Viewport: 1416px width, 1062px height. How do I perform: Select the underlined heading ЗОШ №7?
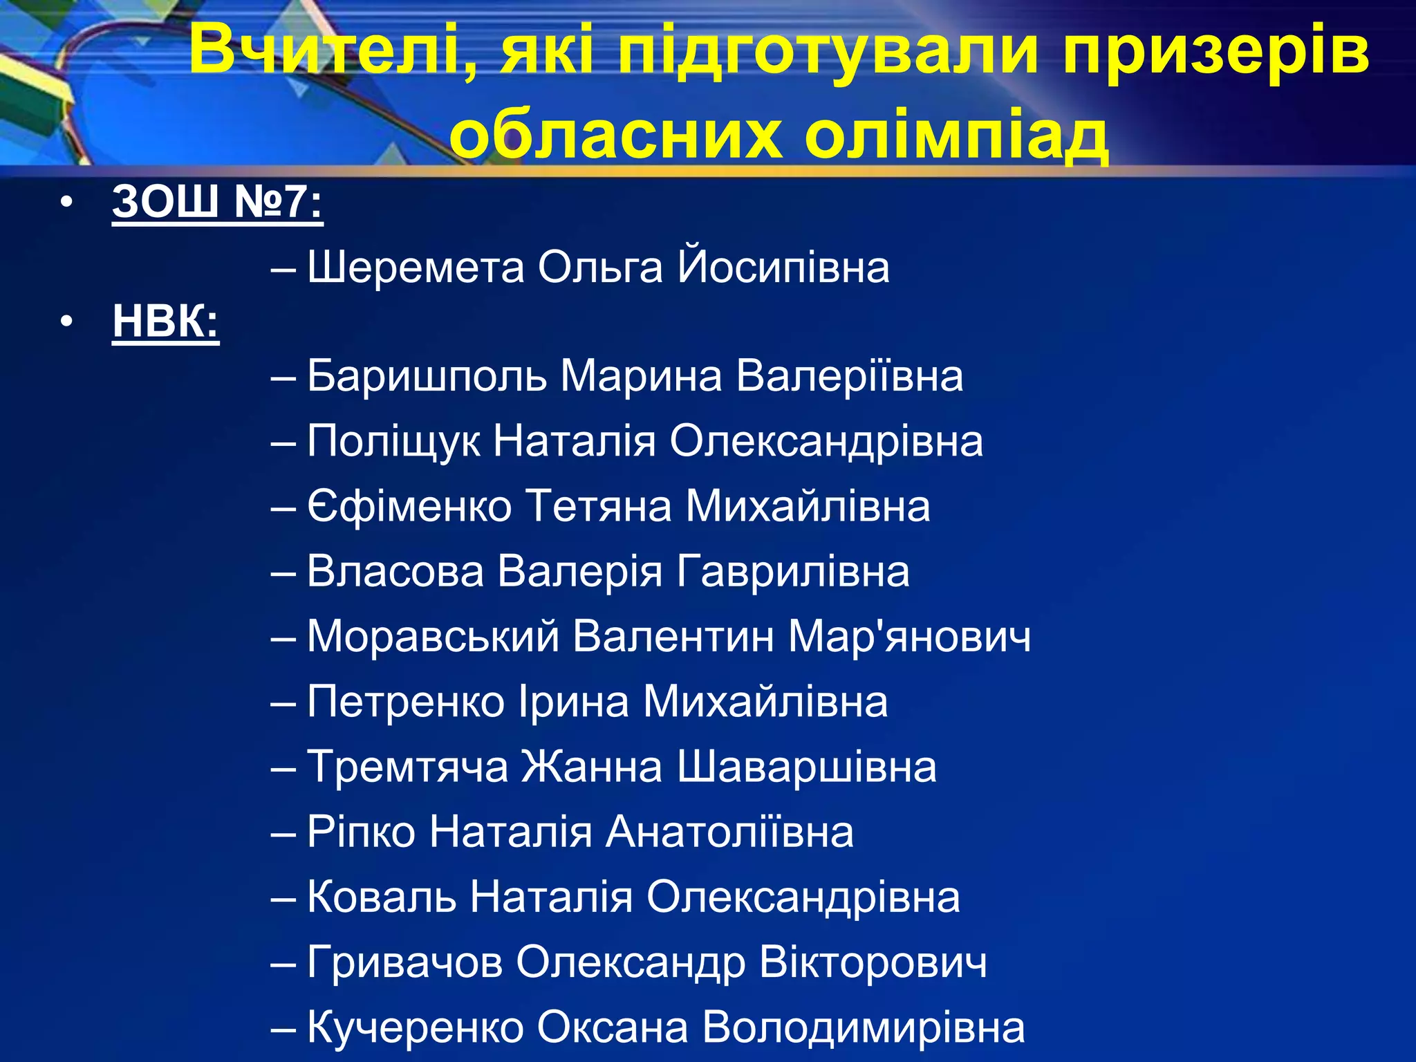click(217, 202)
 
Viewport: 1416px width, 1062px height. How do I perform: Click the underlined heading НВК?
click(165, 322)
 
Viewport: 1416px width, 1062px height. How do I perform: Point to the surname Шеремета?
click(416, 268)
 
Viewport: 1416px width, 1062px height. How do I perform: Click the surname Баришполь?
click(427, 377)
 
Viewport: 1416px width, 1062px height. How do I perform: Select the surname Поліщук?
click(393, 441)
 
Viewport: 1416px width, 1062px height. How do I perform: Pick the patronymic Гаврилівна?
click(793, 572)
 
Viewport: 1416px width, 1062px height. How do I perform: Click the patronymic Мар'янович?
click(909, 637)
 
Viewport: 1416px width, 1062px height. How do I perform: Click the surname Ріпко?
click(361, 832)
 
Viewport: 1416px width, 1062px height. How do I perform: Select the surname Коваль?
click(382, 897)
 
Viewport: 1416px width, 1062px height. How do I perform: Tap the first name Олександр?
click(630, 962)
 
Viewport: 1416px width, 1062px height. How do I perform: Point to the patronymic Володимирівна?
click(864, 1027)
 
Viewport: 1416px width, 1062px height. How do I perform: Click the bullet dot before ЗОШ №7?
click(66, 203)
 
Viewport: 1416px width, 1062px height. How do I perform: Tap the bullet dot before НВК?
click(66, 322)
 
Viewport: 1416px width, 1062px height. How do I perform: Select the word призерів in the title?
click(1215, 50)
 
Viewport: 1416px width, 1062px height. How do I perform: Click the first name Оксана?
click(613, 1027)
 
